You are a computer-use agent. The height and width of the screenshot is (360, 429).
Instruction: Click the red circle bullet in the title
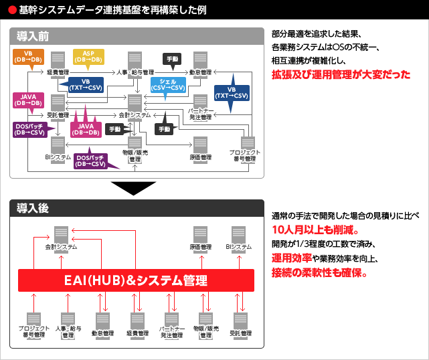point(12,11)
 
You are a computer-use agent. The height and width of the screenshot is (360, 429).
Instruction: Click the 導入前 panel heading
point(33,35)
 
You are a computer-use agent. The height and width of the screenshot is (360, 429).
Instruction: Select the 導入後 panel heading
point(33,208)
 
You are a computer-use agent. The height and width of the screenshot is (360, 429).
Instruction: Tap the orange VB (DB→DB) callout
point(29,57)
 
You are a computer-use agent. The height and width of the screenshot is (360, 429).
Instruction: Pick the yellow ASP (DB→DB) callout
point(88,57)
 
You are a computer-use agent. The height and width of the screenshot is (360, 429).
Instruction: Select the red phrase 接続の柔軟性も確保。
point(320,273)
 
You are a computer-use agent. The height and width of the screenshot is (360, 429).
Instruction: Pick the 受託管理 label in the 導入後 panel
point(240,333)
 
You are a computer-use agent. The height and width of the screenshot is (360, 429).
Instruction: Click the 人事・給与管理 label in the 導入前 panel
point(135,72)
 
